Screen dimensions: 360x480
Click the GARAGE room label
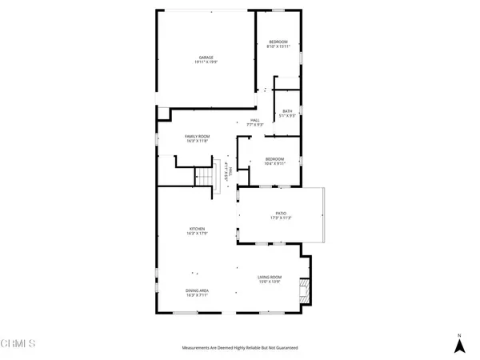206,57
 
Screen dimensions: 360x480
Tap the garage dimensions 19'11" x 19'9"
206,62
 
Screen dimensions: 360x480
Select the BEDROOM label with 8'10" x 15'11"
278,41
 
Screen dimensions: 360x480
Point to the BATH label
287,111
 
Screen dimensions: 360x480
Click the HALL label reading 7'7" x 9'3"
255,120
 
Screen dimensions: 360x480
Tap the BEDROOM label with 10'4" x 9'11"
274,158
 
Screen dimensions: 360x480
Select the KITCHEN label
198,229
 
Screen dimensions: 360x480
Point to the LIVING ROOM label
269,277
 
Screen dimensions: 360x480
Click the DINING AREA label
197,290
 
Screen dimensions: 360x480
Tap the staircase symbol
207,175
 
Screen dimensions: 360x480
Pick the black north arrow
459,346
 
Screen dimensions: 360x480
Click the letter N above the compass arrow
459,334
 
